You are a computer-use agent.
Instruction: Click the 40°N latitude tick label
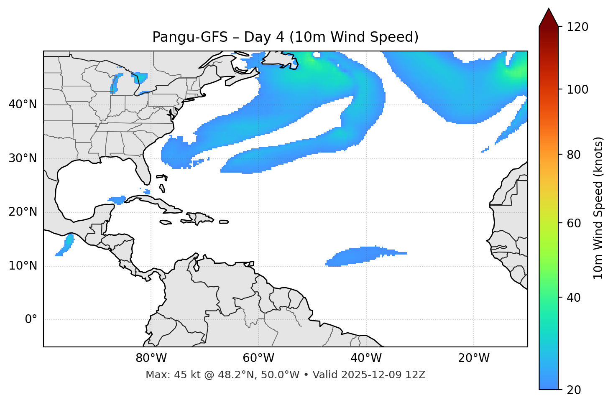(23, 104)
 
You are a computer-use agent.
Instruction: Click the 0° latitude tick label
(31, 320)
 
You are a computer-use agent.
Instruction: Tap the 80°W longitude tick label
(151, 358)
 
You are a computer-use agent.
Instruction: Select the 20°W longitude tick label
(474, 358)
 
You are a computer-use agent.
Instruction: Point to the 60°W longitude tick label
(258, 358)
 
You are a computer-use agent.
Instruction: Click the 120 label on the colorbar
(577, 27)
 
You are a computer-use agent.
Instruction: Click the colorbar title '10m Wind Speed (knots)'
(598, 208)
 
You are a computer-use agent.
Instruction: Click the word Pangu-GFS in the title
(190, 37)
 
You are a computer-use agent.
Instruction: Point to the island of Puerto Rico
(224, 222)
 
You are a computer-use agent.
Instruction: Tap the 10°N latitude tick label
(23, 266)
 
